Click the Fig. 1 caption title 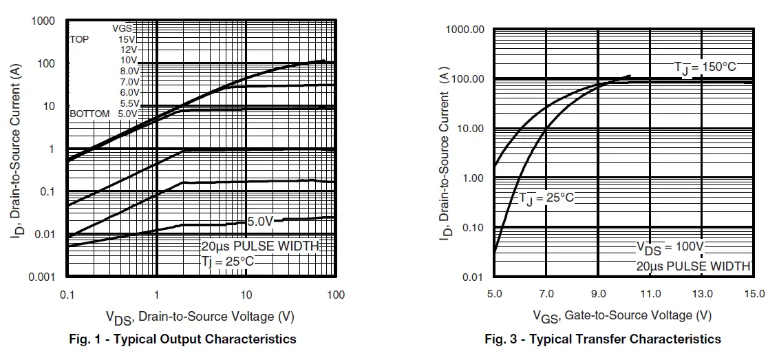click(x=182, y=339)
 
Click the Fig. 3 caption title click(x=603, y=339)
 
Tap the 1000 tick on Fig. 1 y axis click(x=43, y=21)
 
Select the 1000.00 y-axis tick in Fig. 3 click(x=465, y=30)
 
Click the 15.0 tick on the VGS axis click(x=755, y=294)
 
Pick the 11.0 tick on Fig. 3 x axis click(x=650, y=294)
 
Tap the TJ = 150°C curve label click(x=705, y=67)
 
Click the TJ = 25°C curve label click(x=546, y=198)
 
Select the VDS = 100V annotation click(x=670, y=247)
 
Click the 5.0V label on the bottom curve click(x=260, y=221)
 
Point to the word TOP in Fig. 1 click(x=79, y=40)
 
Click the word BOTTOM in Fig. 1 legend click(x=89, y=114)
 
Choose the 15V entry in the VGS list click(x=127, y=40)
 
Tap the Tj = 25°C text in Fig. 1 click(x=227, y=261)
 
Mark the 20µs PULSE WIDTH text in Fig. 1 click(x=259, y=246)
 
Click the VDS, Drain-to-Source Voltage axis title click(x=200, y=317)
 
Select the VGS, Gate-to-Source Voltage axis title click(x=621, y=315)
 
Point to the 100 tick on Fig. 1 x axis click(x=335, y=295)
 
